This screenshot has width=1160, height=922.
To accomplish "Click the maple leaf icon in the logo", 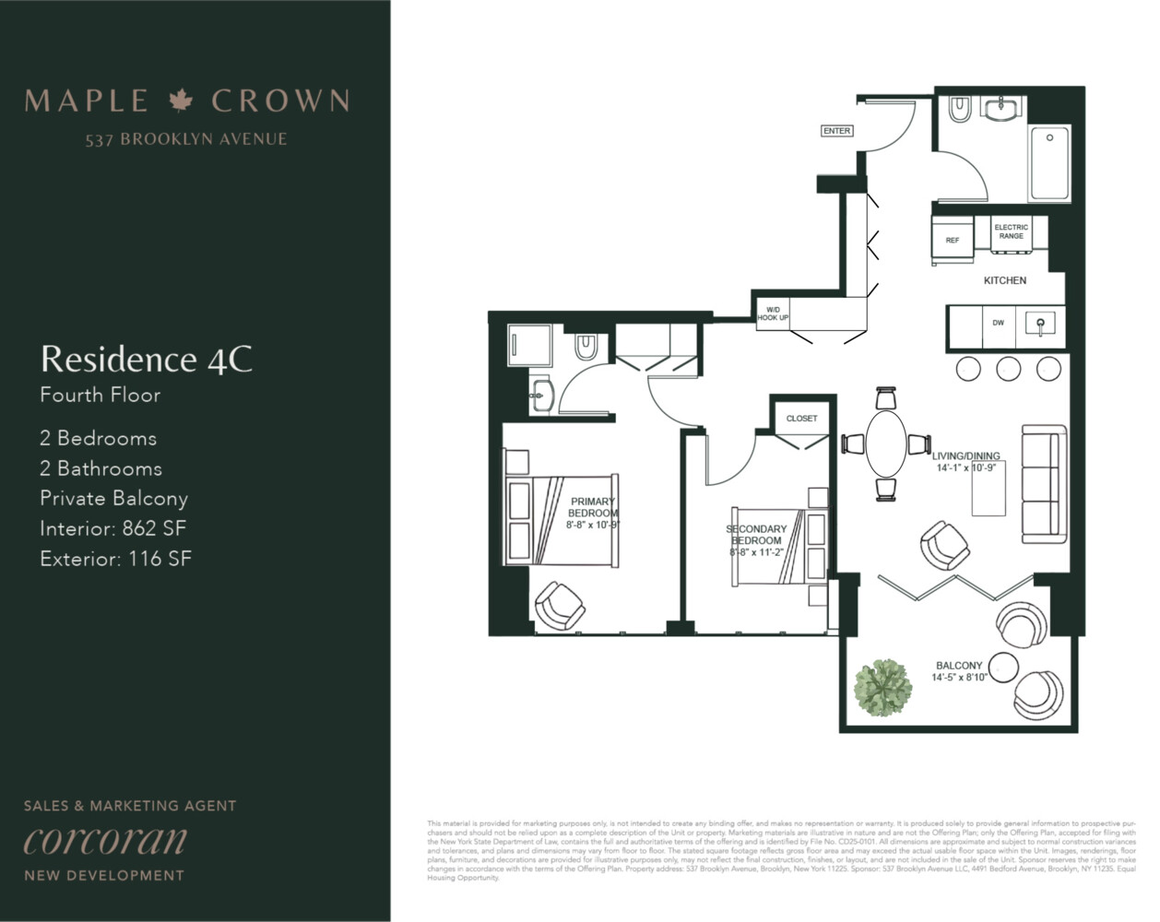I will [181, 100].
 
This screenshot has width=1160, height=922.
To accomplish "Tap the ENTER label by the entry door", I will [836, 131].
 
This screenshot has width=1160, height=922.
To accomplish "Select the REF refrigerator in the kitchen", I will [953, 241].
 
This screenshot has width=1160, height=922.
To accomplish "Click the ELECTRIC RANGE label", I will [1011, 231].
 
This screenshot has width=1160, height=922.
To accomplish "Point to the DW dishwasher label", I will [998, 324].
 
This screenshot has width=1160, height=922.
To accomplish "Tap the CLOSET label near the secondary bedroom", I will [801, 419].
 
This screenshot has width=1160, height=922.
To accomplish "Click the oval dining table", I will [886, 444].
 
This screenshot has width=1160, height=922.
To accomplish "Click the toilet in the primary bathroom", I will [586, 347].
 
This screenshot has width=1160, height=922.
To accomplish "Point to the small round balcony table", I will [1002, 666].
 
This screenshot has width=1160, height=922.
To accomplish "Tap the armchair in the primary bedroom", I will [559, 606].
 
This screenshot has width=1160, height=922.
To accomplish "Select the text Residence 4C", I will [147, 359].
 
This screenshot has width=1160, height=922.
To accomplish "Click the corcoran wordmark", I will [105, 841].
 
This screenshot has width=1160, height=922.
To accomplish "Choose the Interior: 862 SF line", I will [112, 528].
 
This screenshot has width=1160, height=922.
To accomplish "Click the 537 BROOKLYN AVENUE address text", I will [186, 139].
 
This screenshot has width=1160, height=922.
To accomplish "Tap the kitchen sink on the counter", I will [1040, 324].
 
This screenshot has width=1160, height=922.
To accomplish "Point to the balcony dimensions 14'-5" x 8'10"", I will [959, 677].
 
